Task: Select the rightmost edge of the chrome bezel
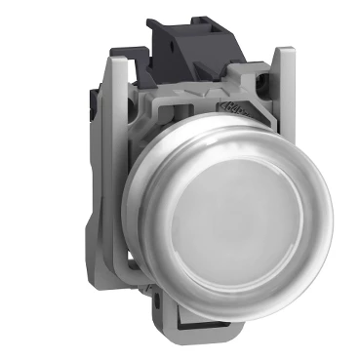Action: pyautogui.click(x=331, y=210)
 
